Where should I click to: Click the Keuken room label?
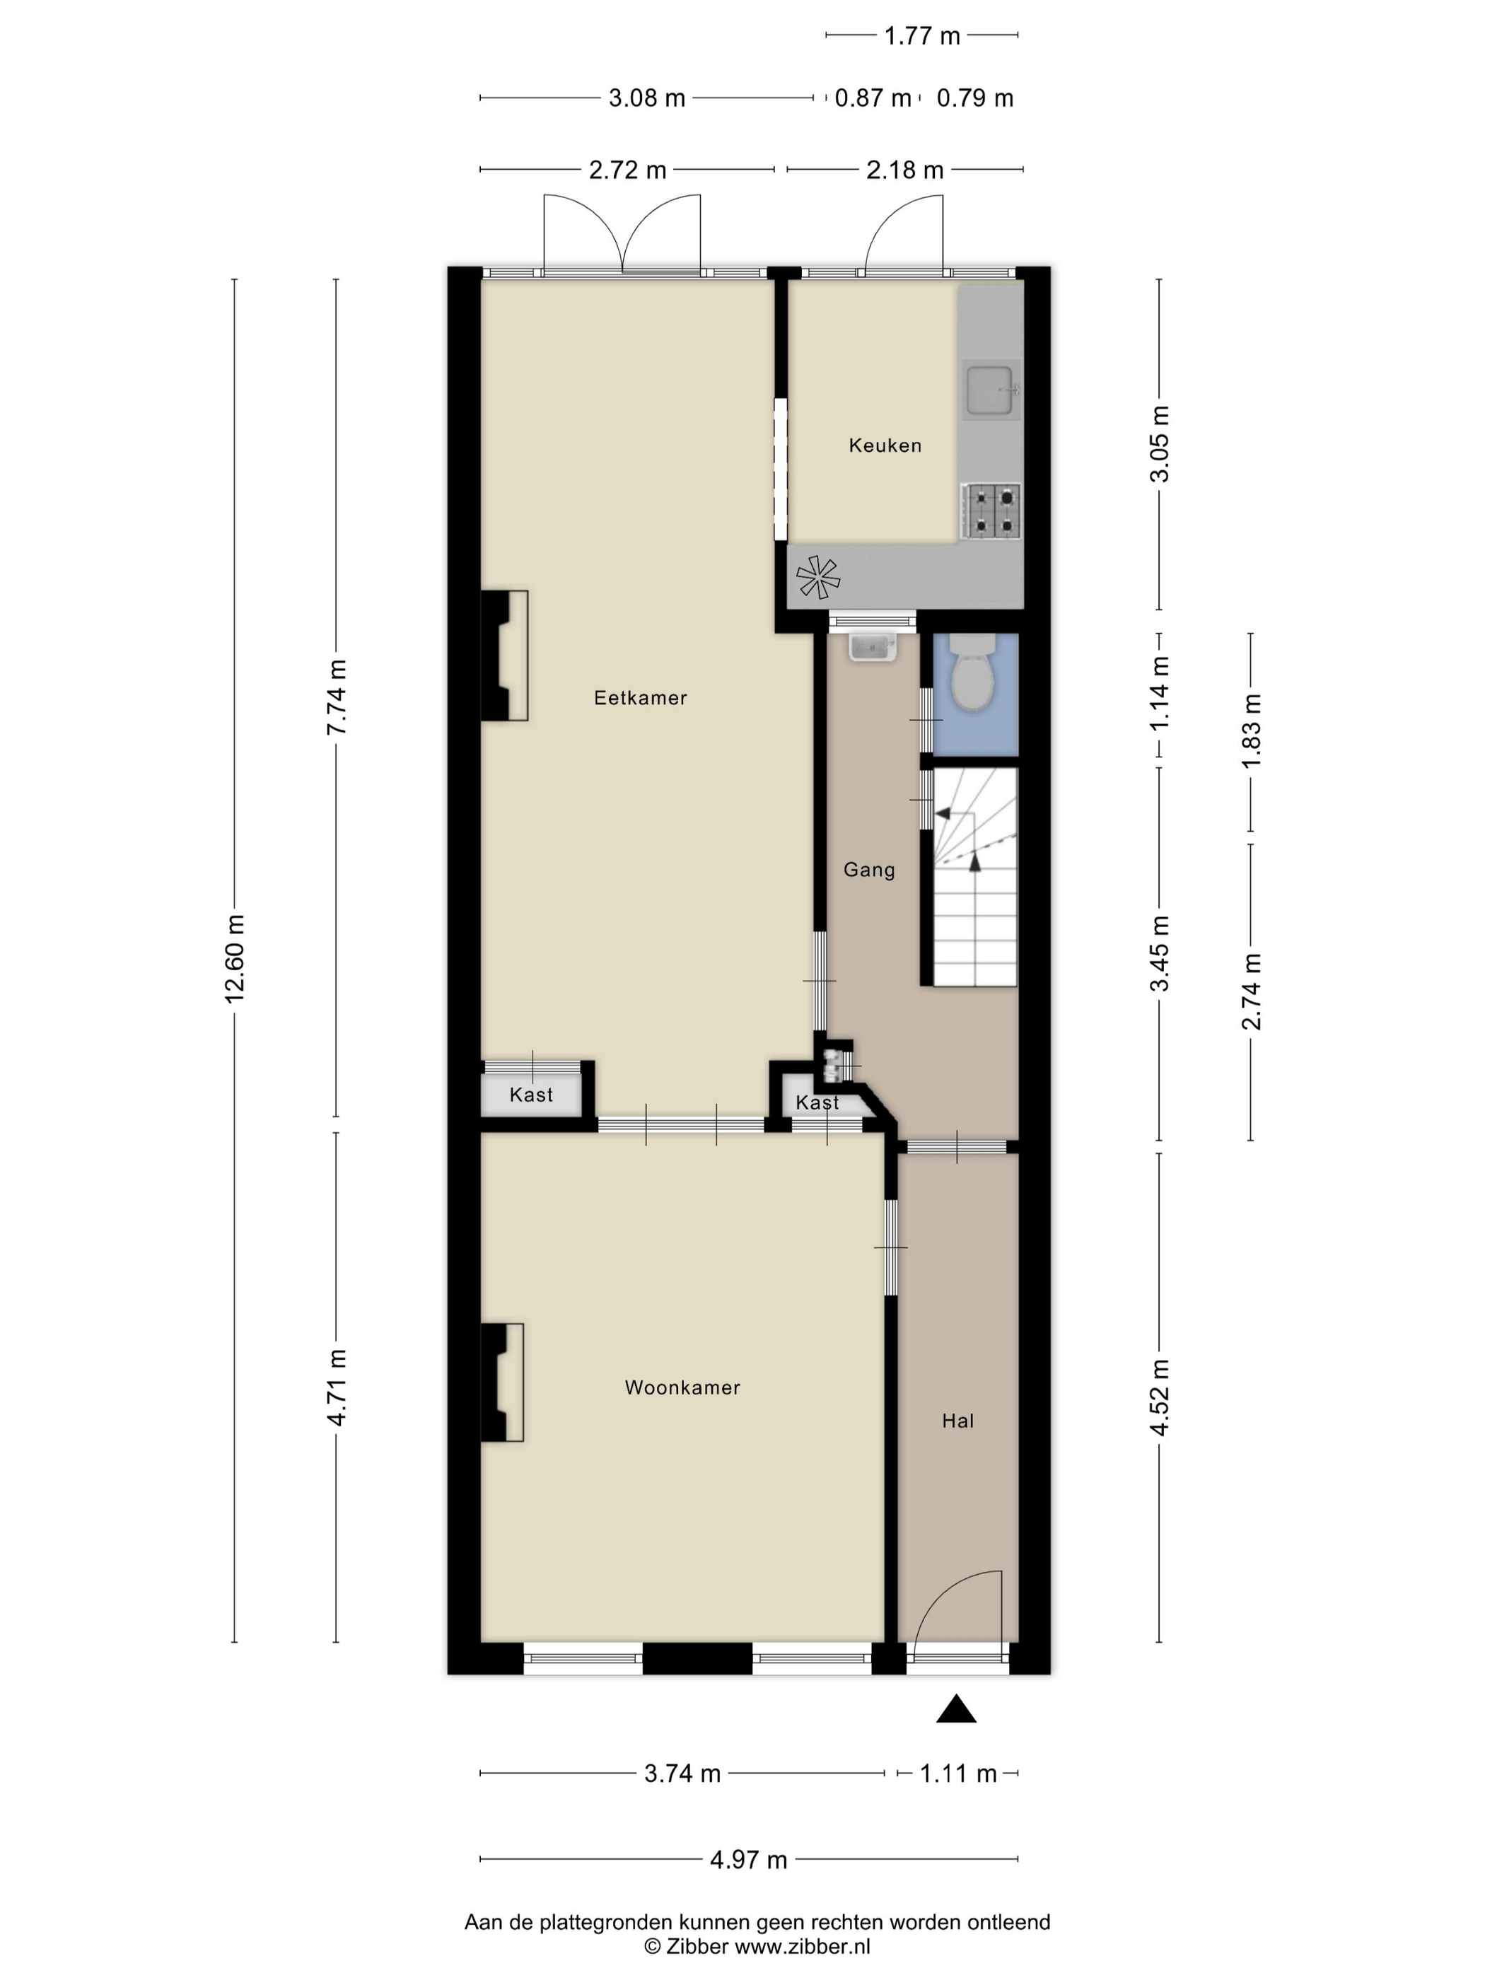pos(885,445)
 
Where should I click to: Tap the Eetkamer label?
pos(640,697)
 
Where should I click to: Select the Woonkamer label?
pos(682,1387)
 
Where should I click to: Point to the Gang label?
pos(869,869)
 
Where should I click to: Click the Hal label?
pos(957,1420)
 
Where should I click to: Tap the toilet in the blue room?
pos(973,673)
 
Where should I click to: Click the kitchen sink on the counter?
pos(990,390)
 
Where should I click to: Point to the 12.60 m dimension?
pos(235,957)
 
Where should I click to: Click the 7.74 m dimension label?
pos(337,697)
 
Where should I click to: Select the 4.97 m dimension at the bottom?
pos(748,1859)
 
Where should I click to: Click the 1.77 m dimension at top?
pos(922,36)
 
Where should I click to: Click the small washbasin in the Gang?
pos(873,646)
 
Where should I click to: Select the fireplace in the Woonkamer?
pos(502,1382)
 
